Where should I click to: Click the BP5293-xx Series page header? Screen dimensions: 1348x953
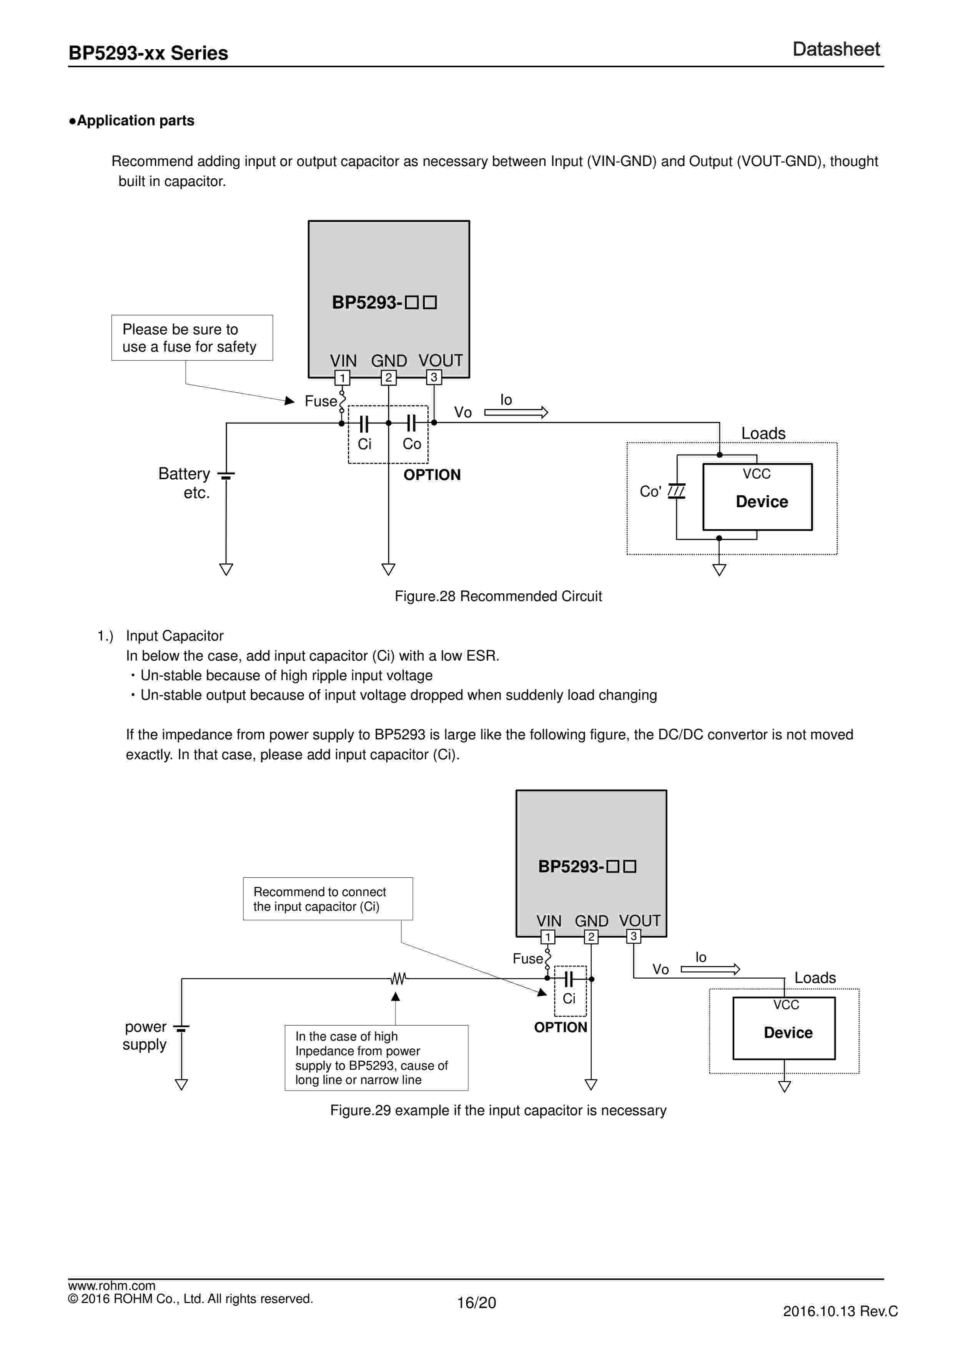[x=148, y=53]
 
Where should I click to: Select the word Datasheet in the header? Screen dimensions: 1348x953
[x=836, y=49]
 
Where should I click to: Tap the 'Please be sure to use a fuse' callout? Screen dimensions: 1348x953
[x=192, y=338]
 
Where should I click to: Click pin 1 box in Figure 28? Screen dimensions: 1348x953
[x=342, y=377]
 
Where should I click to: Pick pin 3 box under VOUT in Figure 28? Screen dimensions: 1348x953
[x=434, y=377]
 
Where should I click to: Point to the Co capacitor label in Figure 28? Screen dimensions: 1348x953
[x=412, y=444]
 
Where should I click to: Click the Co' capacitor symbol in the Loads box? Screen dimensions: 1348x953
[x=677, y=491]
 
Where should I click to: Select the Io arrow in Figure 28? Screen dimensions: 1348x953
[x=516, y=412]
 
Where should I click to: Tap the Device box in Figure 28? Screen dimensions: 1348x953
[x=757, y=497]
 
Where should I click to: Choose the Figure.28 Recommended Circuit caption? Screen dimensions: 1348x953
[x=498, y=596]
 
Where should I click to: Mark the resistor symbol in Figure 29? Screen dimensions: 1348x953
[x=398, y=979]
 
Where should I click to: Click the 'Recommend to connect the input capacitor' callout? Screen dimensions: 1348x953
[x=328, y=899]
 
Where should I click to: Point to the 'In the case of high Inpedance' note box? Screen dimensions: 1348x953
[x=376, y=1057]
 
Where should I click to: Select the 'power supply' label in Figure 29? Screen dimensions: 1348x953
[x=145, y=1036]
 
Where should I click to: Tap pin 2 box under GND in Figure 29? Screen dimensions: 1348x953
[x=591, y=937]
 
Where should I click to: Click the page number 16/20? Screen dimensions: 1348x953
[x=476, y=1303]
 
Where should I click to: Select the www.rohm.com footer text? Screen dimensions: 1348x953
[x=111, y=1286]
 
